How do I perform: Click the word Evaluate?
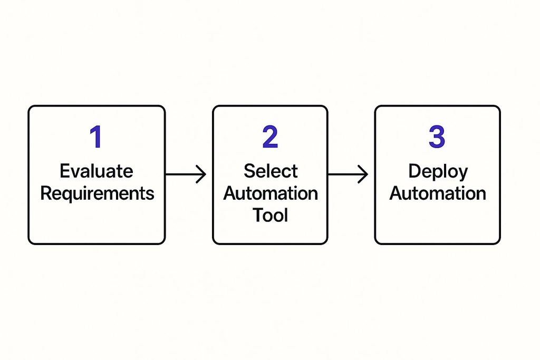point(97,171)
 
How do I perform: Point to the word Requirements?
point(97,193)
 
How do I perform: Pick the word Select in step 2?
point(271,171)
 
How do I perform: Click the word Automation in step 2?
point(271,193)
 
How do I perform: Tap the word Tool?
point(270,215)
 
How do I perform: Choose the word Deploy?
point(438,172)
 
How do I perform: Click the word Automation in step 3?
point(438,193)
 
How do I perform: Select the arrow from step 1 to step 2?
point(186,174)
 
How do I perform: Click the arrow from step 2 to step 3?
point(348,174)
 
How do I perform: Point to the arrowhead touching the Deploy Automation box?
point(364,174)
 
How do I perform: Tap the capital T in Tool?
point(257,215)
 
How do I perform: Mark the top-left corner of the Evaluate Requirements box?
point(30,107)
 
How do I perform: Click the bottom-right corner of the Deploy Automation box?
point(499,243)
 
